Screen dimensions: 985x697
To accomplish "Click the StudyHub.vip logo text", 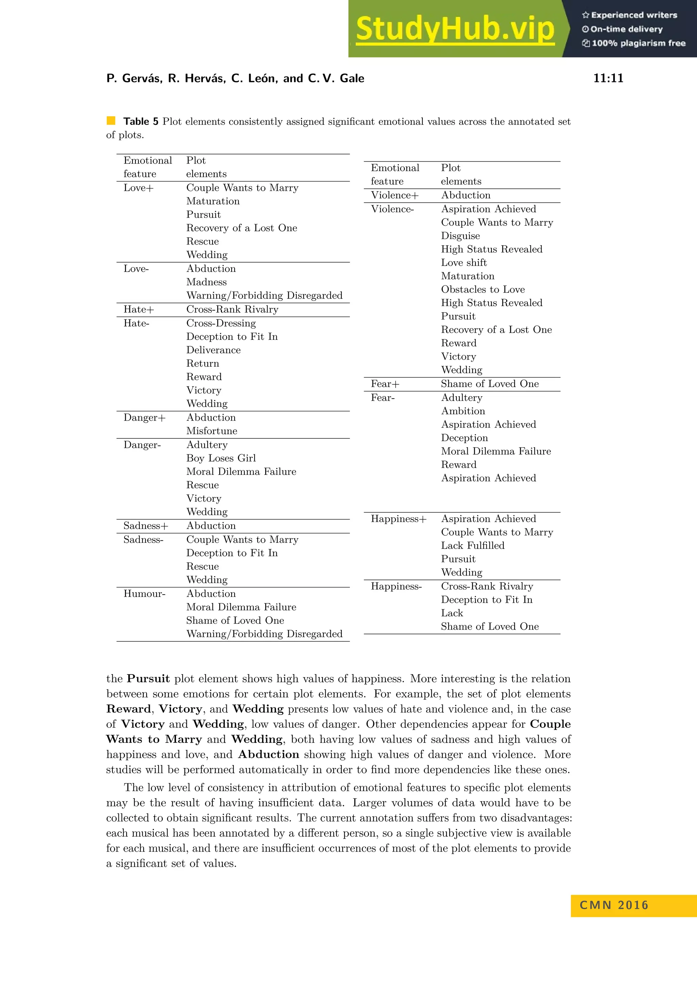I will [x=455, y=29].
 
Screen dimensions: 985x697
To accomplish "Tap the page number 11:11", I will [x=608, y=78].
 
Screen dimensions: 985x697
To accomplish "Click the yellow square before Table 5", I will [x=111, y=120].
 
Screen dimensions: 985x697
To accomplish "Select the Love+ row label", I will [x=138, y=188].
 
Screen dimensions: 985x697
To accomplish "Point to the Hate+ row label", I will [x=139, y=309].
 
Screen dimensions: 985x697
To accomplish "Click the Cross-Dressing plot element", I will [x=221, y=323].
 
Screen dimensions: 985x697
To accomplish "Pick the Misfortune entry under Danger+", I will [x=212, y=431].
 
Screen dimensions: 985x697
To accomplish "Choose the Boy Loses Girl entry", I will [x=221, y=458].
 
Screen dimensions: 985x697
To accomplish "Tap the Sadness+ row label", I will [x=146, y=525].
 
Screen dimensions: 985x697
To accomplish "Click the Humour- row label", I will [x=144, y=594].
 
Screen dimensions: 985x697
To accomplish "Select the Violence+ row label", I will [x=394, y=195].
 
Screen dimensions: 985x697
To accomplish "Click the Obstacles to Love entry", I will [x=483, y=289].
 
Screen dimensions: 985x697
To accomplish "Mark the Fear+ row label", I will [x=385, y=384].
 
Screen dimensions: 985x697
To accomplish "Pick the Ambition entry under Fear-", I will [x=463, y=411].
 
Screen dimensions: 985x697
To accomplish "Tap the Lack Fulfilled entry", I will [x=472, y=546].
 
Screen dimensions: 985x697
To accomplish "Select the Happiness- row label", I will [x=396, y=586].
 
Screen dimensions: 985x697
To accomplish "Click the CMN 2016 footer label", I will [x=614, y=905].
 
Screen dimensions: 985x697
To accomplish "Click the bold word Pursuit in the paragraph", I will [x=148, y=679].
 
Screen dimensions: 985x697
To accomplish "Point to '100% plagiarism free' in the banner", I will [x=638, y=43].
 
